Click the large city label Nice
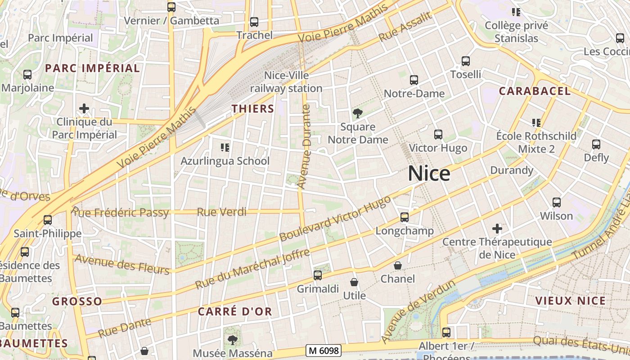click(429, 174)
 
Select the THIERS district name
click(252, 108)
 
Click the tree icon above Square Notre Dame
click(358, 113)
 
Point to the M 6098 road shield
click(323, 350)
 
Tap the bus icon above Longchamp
click(405, 217)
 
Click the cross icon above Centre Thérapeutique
click(497, 229)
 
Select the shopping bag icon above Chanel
click(398, 265)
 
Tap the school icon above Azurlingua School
click(225, 147)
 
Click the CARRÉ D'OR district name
click(235, 311)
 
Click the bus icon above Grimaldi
click(318, 275)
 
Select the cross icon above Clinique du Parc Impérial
click(84, 108)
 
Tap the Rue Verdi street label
click(222, 212)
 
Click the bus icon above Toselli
click(466, 61)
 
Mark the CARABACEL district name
click(535, 91)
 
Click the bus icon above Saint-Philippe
click(48, 220)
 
